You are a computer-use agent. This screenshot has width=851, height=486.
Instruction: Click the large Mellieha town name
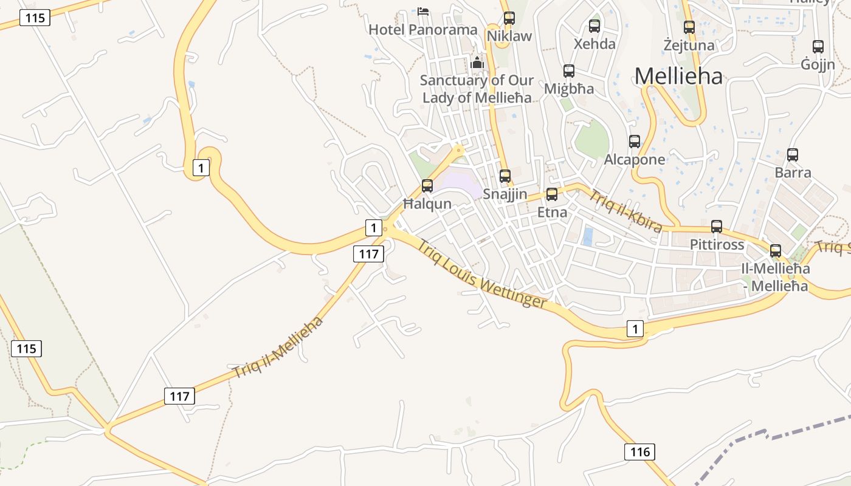[679, 76]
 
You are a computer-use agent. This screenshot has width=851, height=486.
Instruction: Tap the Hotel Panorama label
[423, 29]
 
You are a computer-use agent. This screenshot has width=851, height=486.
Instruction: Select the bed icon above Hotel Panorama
[423, 11]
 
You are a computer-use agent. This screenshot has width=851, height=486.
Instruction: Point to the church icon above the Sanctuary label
[477, 62]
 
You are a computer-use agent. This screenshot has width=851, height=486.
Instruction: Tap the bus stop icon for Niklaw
[509, 18]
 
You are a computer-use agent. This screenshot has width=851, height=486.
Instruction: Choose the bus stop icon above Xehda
[594, 26]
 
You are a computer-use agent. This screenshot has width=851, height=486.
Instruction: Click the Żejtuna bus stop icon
[689, 27]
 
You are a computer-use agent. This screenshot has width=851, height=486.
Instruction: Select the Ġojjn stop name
[818, 64]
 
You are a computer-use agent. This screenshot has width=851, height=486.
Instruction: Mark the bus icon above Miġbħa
[569, 71]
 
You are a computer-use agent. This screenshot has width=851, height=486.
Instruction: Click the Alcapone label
[635, 160]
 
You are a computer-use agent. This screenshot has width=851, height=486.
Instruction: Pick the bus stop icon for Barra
[793, 155]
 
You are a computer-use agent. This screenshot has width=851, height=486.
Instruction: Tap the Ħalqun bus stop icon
[427, 186]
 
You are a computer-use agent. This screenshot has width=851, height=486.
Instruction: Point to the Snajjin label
[505, 194]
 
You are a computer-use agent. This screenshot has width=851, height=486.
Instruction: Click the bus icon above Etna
[552, 194]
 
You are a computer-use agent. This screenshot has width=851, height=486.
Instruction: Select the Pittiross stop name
[717, 244]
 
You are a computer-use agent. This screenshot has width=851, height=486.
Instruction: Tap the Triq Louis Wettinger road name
[482, 274]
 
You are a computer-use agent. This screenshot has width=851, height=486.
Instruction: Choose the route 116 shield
[640, 451]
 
